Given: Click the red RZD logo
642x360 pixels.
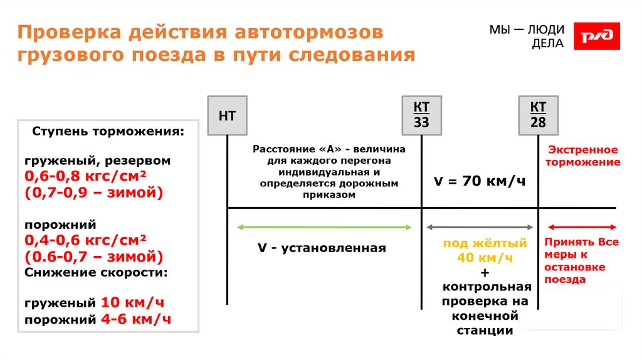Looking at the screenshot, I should click(x=597, y=36).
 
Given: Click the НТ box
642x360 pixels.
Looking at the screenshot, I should click(x=227, y=116).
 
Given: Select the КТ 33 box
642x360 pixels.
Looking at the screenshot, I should click(x=421, y=115).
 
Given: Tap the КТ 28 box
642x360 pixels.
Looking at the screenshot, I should click(x=538, y=115).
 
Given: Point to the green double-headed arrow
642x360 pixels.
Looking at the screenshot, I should click(x=324, y=227).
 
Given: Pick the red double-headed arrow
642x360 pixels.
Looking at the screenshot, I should click(x=582, y=227).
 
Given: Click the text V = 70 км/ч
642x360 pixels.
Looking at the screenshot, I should click(x=479, y=181).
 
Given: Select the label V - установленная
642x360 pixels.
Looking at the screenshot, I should click(x=322, y=248).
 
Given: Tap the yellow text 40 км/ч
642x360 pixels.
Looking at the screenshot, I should click(x=485, y=258).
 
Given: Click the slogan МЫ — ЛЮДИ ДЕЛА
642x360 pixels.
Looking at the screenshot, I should click(x=526, y=36).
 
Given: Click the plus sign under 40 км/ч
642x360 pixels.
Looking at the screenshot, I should click(x=485, y=273).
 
